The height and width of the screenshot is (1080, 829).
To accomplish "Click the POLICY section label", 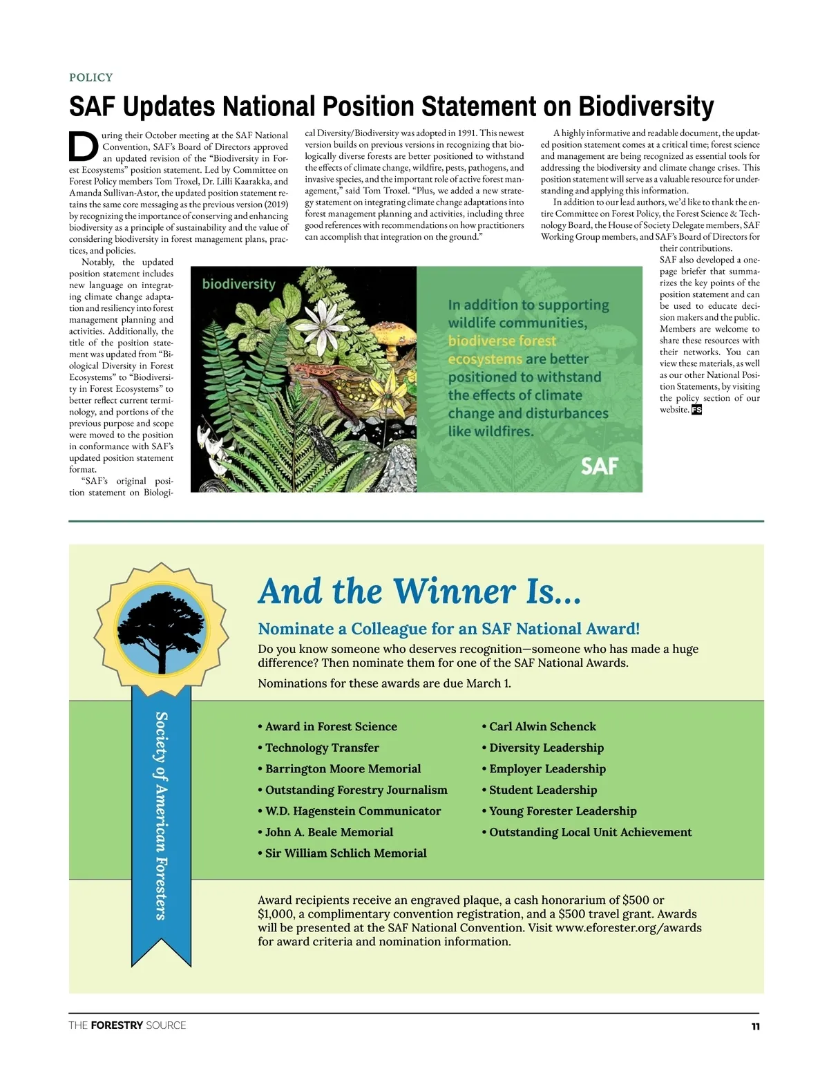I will pyautogui.click(x=90, y=77).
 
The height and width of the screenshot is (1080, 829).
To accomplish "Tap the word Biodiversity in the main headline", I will pyautogui.click(x=646, y=106).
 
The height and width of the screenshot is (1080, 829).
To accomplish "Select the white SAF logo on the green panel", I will pyautogui.click(x=599, y=466).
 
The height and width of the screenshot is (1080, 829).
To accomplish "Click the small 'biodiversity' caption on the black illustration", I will pyautogui.click(x=238, y=284).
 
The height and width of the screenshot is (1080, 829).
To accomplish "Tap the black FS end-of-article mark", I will pyautogui.click(x=696, y=410).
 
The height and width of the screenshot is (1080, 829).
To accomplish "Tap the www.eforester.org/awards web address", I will pyautogui.click(x=628, y=928).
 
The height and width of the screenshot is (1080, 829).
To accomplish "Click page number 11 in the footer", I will pyautogui.click(x=755, y=1027).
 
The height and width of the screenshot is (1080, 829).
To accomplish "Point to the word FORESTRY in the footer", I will pyautogui.click(x=117, y=1025).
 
